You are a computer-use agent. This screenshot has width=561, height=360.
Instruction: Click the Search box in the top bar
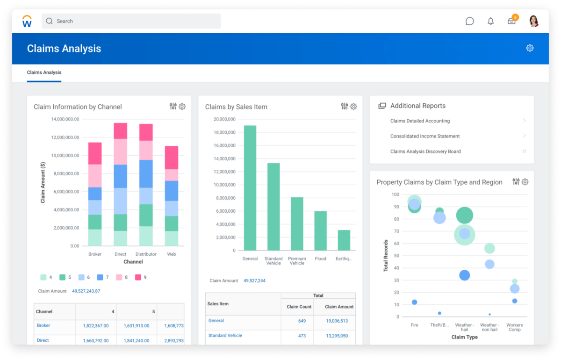pyautogui.click(x=131, y=21)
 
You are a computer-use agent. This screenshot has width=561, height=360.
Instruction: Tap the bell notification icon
pyautogui.click(x=490, y=21)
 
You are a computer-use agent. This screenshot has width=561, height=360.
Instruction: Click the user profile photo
pyautogui.click(x=533, y=21)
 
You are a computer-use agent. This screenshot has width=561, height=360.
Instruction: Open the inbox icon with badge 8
pyautogui.click(x=512, y=21)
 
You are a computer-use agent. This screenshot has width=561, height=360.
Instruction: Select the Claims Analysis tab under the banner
pyautogui.click(x=44, y=72)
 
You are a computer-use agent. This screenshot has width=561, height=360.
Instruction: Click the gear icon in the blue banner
pyautogui.click(x=530, y=48)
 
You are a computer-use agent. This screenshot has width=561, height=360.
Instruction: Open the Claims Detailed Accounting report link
pyautogui.click(x=420, y=121)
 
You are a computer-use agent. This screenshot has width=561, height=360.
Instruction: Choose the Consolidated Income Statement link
pyautogui.click(x=425, y=136)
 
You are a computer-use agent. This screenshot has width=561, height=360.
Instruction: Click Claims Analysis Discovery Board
pyautogui.click(x=425, y=151)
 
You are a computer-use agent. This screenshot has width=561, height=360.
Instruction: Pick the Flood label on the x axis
pyautogui.click(x=320, y=259)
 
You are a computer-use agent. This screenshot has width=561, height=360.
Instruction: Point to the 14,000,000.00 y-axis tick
pyautogui.click(x=65, y=119)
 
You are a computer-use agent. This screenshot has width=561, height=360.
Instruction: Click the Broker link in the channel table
pyautogui.click(x=43, y=325)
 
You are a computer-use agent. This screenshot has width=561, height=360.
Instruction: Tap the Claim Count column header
pyautogui.click(x=299, y=307)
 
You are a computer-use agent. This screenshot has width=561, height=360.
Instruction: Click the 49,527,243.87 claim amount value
pyautogui.click(x=86, y=291)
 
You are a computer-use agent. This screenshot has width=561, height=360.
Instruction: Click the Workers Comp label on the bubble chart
pyautogui.click(x=515, y=327)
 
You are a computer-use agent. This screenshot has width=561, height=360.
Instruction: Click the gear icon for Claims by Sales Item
pyautogui.click(x=353, y=107)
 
